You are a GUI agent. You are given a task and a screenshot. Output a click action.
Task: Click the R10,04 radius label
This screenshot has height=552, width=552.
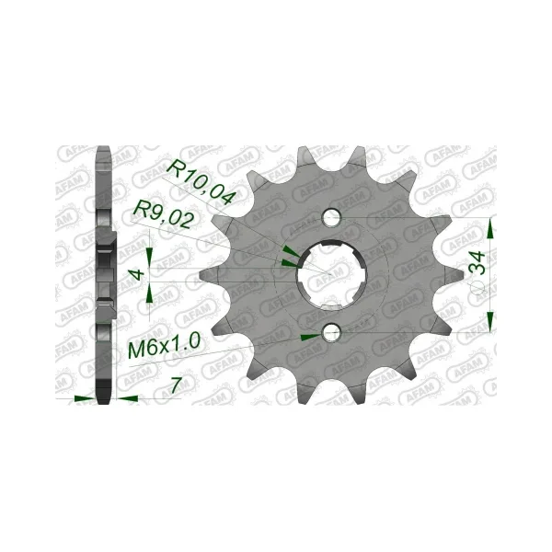click(x=200, y=182)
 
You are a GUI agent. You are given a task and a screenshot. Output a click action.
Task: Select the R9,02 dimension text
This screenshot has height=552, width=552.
click(x=164, y=218)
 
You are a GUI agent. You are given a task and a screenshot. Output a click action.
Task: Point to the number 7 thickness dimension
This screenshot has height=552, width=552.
click(x=176, y=385)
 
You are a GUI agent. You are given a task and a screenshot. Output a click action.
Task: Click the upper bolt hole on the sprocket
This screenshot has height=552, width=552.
click(x=331, y=217)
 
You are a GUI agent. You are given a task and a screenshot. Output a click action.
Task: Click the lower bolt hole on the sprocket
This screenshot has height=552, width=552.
click(x=331, y=332)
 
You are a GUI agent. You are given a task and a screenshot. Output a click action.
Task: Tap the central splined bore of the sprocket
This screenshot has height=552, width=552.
click(x=331, y=274)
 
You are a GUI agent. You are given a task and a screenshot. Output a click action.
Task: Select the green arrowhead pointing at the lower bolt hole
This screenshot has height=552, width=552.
click(x=311, y=337)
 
